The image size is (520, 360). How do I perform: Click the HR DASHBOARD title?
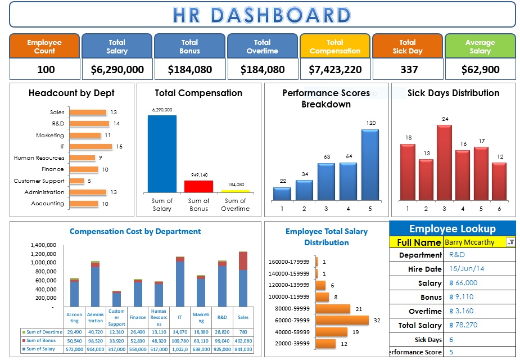[262, 15]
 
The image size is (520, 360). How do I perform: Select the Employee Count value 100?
[46, 70]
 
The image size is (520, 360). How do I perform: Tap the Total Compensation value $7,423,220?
[335, 70]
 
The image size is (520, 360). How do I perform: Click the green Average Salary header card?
[480, 46]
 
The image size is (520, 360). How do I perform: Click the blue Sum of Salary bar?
[162, 154]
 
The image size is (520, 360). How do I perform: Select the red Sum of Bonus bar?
[198, 186]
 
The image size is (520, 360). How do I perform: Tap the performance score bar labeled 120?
[370, 165]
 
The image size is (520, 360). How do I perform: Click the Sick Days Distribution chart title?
[453, 93]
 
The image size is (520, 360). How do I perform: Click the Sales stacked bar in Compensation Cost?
[243, 278]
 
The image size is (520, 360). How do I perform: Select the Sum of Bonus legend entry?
[42, 340]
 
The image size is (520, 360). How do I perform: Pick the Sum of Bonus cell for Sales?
[243, 340]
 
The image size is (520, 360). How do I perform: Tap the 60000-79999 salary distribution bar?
[342, 321]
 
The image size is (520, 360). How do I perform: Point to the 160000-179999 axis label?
[289, 262]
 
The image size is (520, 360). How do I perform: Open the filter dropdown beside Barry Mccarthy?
[510, 242]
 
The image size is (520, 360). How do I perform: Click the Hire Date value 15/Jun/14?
[467, 269]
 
